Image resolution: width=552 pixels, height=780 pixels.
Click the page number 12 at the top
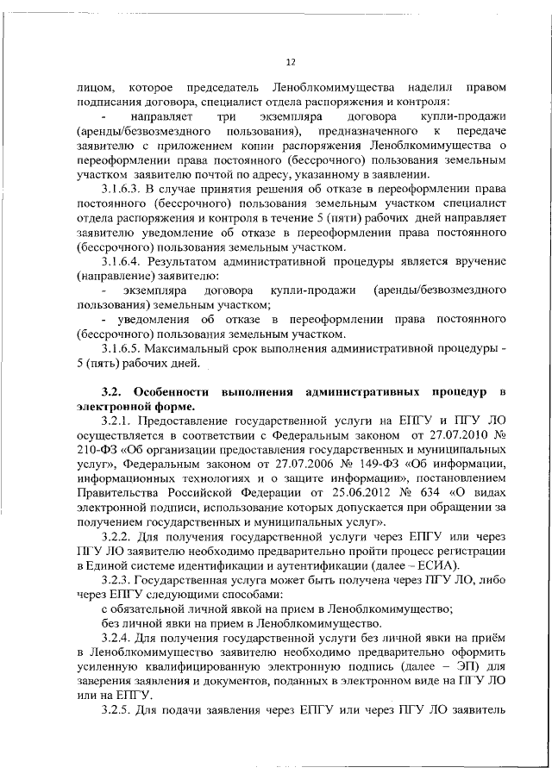[291, 61]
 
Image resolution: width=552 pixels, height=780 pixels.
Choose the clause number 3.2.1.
[116, 421]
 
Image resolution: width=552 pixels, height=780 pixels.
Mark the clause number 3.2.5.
[116, 716]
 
